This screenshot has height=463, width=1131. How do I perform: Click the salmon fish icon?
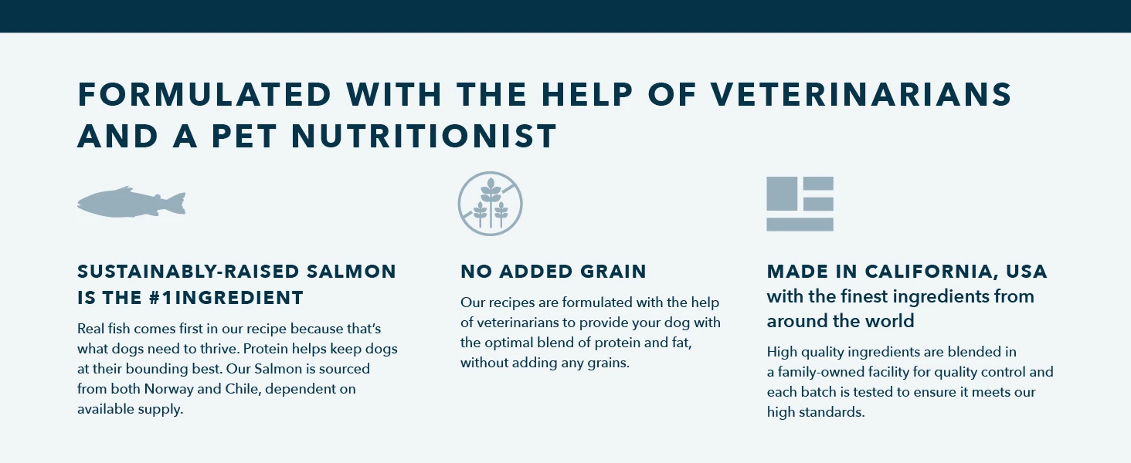point(131,203)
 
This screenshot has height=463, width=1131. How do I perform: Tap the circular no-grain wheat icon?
point(490,203)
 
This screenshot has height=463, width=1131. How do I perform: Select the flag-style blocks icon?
point(800,204)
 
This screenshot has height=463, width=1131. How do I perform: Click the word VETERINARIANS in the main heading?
point(861,94)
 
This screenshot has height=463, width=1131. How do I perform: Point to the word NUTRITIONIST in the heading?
point(424,136)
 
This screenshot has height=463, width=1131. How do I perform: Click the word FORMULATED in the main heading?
point(205,94)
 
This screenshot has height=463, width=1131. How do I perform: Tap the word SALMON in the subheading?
point(352,272)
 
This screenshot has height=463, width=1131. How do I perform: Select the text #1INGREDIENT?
point(226,298)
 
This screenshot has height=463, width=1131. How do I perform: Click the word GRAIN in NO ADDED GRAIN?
point(613,272)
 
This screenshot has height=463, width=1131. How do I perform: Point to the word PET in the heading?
point(244,136)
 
